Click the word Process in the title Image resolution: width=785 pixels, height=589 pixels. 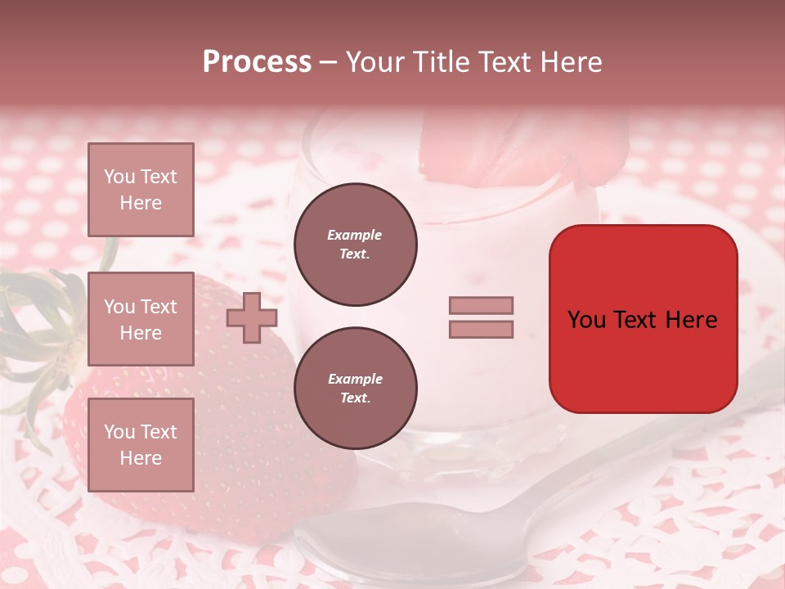point(257,62)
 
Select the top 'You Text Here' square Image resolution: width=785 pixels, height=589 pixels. point(141,190)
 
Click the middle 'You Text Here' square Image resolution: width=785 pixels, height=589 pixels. point(141,319)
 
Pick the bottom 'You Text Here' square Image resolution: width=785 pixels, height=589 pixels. point(141,444)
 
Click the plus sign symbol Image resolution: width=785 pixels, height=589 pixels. point(252,317)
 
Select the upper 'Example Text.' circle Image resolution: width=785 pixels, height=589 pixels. point(355,245)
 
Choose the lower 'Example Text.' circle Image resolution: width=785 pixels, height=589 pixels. point(355,388)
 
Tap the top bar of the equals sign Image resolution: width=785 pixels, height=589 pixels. point(481,305)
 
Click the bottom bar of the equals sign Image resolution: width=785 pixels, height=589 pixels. point(481,329)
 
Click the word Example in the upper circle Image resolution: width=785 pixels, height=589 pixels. point(354,235)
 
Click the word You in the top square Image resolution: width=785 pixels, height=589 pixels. point(119,177)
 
